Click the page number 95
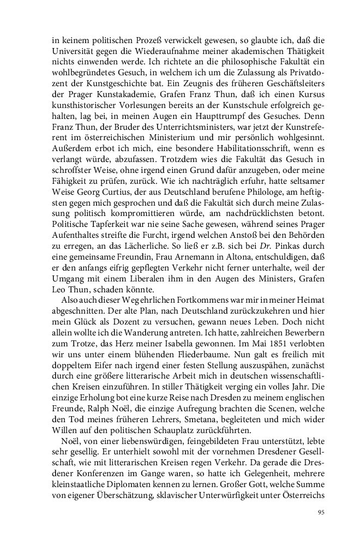tap(321, 512)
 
